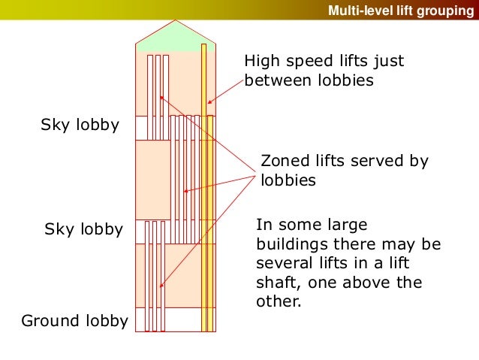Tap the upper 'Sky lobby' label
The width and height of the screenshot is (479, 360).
[x=80, y=126]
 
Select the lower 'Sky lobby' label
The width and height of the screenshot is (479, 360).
[x=83, y=229]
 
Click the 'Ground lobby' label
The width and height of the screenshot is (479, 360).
[x=74, y=322]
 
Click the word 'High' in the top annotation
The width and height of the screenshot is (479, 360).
[x=263, y=62]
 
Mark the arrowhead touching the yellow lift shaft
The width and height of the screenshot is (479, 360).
[x=209, y=103]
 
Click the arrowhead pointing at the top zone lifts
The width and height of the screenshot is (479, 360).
[x=161, y=96]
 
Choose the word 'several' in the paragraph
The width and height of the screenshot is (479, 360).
[x=282, y=264]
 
